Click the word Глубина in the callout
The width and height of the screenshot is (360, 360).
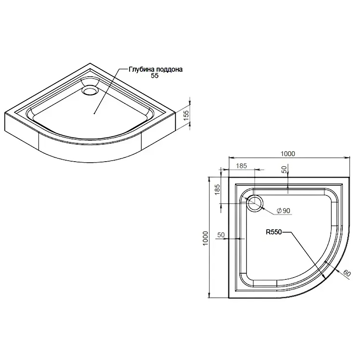(x=141, y=69)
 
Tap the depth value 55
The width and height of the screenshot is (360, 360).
(x=155, y=76)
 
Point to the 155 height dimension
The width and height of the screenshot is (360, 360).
(x=186, y=114)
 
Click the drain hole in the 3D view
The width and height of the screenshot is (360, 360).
(x=90, y=90)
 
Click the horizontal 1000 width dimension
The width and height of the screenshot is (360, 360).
(x=288, y=154)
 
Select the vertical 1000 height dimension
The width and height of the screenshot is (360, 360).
(x=205, y=238)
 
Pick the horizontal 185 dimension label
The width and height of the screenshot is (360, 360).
(x=241, y=166)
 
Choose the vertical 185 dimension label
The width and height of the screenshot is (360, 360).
(x=217, y=190)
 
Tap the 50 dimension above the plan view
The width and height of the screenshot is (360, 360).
(x=284, y=170)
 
